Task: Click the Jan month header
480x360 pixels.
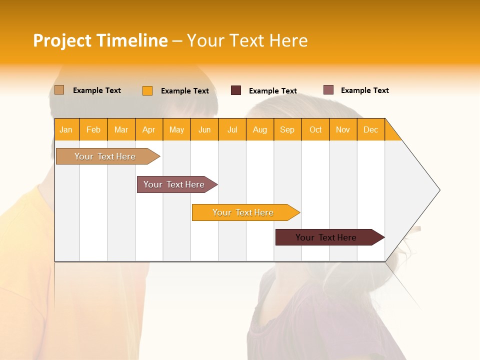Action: point(66,130)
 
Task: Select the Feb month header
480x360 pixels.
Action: point(93,130)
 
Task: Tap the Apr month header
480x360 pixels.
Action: point(148,130)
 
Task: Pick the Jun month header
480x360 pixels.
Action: point(204,130)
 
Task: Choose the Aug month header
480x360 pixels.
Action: point(259,130)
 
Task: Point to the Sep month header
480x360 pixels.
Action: point(287,130)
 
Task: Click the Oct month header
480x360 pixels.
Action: point(315,130)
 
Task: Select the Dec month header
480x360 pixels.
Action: point(370,130)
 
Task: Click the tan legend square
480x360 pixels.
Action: point(59,90)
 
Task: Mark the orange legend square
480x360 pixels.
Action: point(147,90)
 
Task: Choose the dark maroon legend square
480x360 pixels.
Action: point(236,90)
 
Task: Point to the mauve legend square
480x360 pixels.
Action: point(328,90)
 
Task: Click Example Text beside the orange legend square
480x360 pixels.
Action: point(185,91)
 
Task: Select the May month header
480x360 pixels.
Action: point(176,130)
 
